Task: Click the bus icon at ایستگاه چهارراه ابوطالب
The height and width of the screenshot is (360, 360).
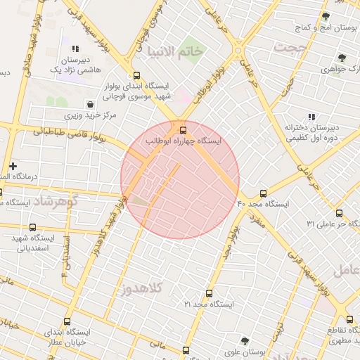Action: tap(184, 129)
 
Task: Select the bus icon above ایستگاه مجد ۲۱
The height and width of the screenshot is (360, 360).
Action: tap(209, 293)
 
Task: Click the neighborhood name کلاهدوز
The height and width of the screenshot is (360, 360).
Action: tap(141, 288)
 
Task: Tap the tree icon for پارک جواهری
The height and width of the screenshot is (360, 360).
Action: tap(342, 58)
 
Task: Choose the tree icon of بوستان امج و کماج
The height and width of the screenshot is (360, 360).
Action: tap(325, 15)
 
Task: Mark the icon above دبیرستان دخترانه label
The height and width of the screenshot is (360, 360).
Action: tap(312, 116)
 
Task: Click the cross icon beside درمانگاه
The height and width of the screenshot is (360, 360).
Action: tap(13, 166)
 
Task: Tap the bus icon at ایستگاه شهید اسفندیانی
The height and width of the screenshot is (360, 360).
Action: tap(34, 226)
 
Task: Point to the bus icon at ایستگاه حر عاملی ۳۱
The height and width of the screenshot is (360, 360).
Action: tap(339, 213)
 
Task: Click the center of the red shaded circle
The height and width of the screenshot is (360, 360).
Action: tap(180, 180)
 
